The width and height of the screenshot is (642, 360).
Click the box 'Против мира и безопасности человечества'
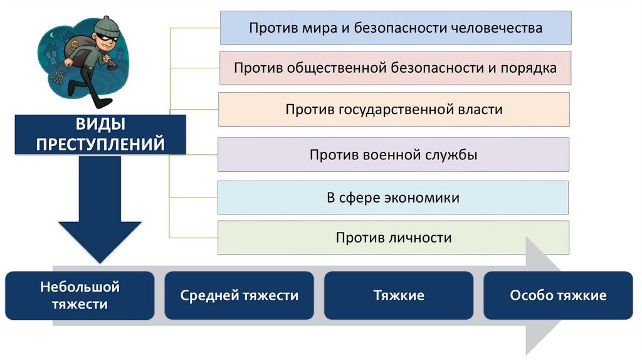395,28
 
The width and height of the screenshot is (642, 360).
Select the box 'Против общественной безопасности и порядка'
395,68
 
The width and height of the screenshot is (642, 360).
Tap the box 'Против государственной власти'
394,110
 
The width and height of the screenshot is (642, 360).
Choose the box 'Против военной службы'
393,154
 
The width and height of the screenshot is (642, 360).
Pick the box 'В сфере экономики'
392,198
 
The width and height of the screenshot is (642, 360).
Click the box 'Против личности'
393,238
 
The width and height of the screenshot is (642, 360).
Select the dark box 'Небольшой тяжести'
80,295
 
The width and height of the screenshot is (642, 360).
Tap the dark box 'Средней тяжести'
239,295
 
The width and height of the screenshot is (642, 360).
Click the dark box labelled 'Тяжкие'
399,295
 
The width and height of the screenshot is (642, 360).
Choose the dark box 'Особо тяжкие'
558,295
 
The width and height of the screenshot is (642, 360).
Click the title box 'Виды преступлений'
100,134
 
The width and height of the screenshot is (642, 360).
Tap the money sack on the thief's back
75,53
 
